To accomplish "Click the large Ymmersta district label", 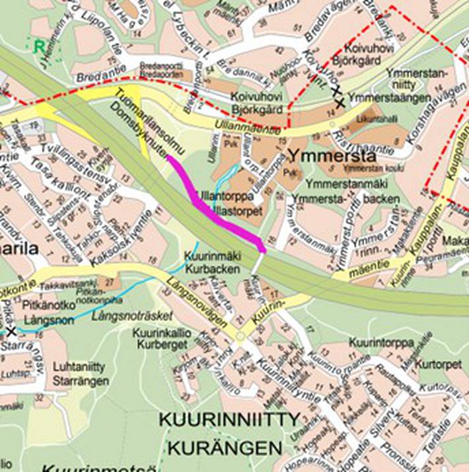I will coord(332,157).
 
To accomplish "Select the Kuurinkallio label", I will coord(161,333).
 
